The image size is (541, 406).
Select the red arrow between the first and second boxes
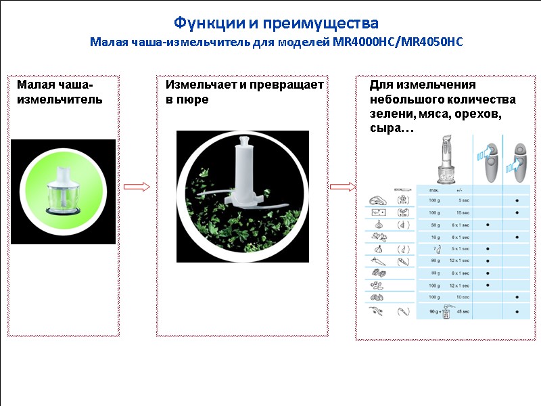(x=137, y=187)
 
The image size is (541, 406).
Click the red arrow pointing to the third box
(x=342, y=187)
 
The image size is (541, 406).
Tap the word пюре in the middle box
(x=193, y=99)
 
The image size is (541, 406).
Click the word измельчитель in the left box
(x=60, y=99)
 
